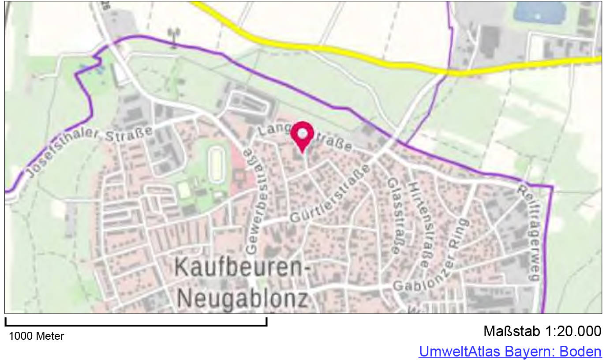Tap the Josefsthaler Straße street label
click(x=90, y=150)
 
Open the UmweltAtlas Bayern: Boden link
click(x=510, y=352)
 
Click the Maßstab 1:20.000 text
click(x=542, y=331)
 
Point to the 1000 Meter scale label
click(x=36, y=336)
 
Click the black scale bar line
click(x=136, y=325)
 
